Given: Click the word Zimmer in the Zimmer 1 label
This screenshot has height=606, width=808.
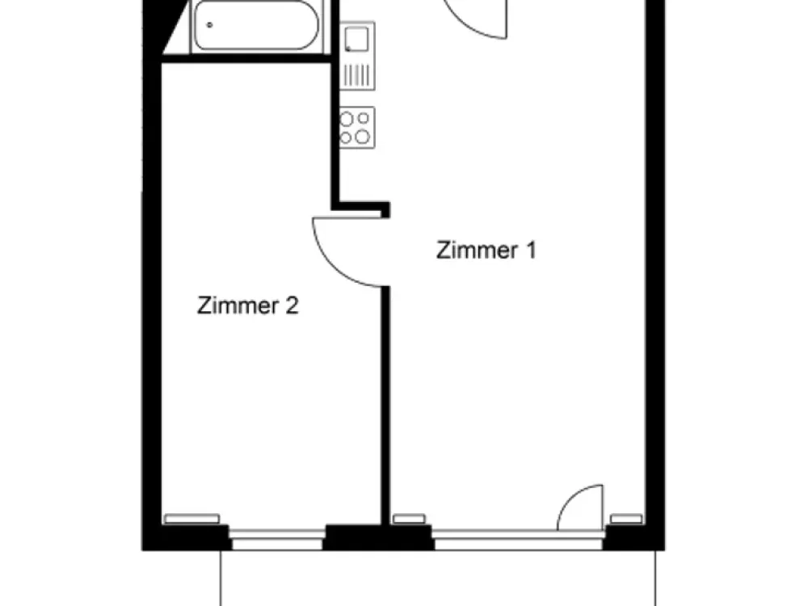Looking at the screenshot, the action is click(478, 250).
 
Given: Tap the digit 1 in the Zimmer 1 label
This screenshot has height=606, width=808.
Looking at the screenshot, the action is click(531, 250).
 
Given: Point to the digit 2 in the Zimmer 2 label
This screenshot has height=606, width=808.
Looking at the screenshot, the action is click(292, 305).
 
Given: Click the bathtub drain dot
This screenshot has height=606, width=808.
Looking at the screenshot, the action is click(210, 25).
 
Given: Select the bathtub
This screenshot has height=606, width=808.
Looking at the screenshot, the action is click(257, 26).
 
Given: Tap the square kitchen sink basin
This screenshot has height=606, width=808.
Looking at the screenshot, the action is click(356, 39).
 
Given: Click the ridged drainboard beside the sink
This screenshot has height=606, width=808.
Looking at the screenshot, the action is click(356, 75).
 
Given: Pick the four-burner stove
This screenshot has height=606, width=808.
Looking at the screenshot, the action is click(356, 128).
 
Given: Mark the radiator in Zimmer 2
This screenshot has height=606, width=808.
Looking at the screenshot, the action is click(191, 519).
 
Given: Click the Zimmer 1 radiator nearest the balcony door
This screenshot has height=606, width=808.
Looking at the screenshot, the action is click(627, 519).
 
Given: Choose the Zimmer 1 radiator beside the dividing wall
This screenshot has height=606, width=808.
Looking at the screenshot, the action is click(409, 519).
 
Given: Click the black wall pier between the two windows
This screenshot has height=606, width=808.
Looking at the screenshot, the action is click(378, 537).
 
